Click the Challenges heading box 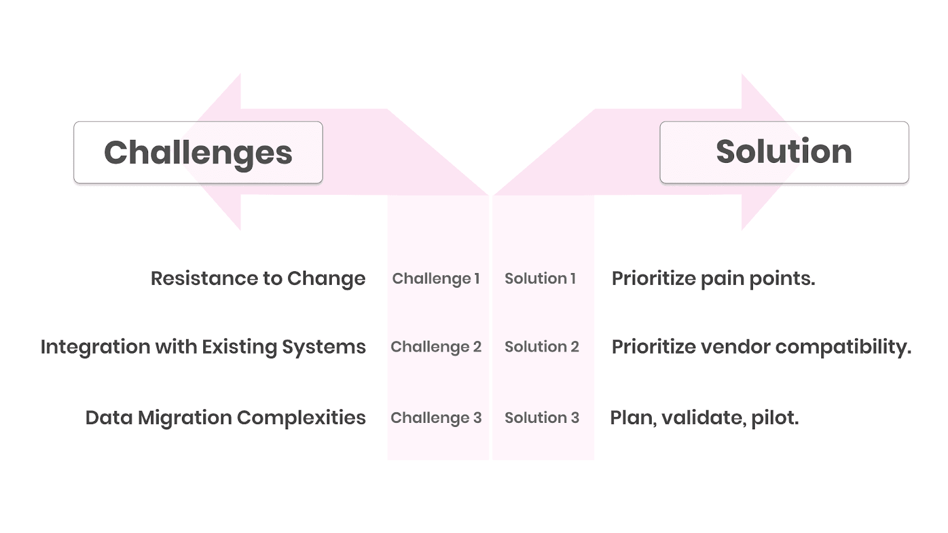click(x=198, y=152)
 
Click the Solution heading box click(x=784, y=152)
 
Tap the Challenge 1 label click(x=435, y=278)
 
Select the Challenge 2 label click(x=435, y=346)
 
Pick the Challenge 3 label click(x=435, y=418)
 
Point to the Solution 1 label click(x=540, y=278)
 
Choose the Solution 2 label click(x=542, y=346)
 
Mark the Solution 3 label click(x=542, y=418)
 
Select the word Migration click(x=184, y=418)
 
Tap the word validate click(x=703, y=418)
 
